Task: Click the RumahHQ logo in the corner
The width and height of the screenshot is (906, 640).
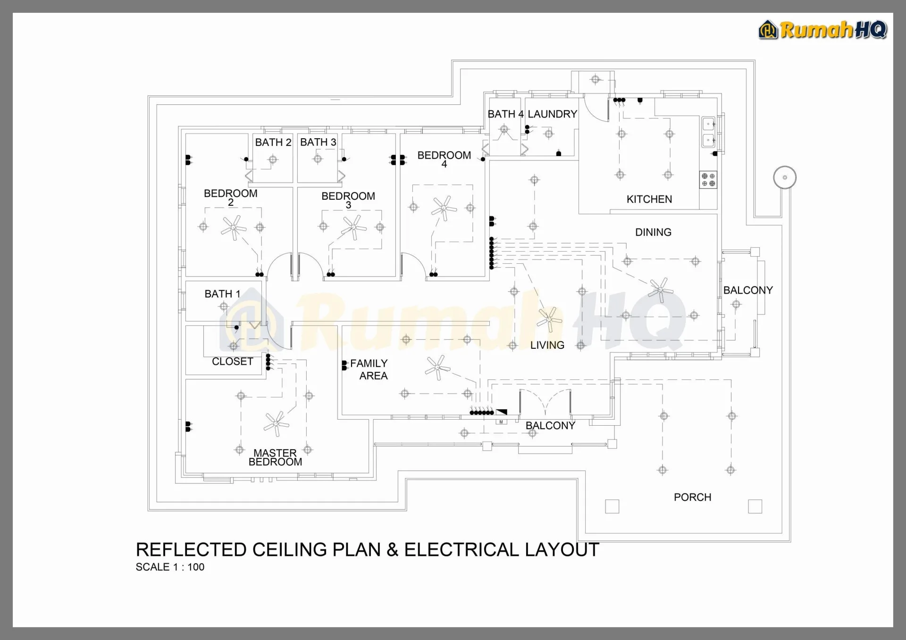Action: (823, 30)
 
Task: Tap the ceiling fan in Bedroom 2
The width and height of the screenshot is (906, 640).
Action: (234, 228)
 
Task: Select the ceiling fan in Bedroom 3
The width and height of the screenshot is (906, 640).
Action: (354, 227)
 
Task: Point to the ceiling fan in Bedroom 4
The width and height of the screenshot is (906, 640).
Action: (444, 208)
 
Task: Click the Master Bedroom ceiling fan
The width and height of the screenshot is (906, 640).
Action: (276, 423)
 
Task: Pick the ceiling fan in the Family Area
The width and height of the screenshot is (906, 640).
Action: (437, 368)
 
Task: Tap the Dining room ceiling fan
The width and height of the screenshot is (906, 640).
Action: (660, 290)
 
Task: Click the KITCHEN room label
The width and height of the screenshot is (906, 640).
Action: (649, 199)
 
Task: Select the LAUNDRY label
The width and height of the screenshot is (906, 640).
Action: (552, 114)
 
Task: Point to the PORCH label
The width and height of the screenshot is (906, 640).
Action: (692, 497)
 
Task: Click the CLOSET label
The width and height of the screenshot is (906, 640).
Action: (232, 362)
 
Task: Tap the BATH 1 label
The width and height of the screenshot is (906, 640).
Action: (222, 294)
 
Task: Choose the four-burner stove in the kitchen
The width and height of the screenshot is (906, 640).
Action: (708, 180)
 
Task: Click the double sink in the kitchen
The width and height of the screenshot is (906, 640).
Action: (709, 132)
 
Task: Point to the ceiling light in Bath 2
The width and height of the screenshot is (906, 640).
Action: (273, 160)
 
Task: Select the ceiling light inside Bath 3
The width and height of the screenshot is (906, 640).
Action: (318, 159)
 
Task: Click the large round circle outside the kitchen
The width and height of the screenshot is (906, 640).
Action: (785, 177)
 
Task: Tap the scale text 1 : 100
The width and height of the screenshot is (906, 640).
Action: (188, 567)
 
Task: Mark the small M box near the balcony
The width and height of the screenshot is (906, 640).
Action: (501, 422)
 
